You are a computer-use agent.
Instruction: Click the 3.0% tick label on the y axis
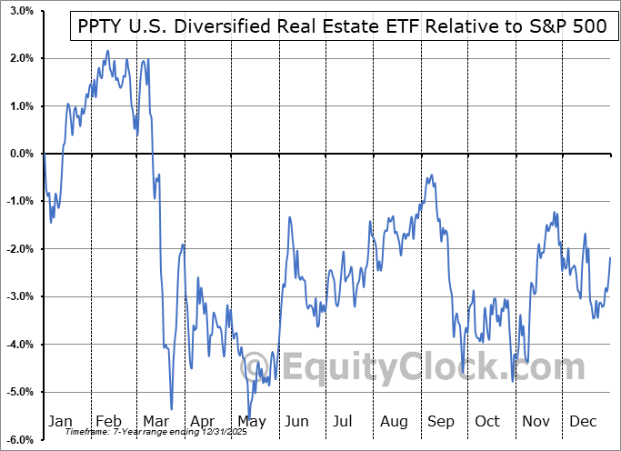[x=21, y=11]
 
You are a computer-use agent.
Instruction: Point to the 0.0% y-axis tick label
[x=21, y=154]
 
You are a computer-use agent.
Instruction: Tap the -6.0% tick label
[x=19, y=439]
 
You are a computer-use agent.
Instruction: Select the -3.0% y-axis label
[x=19, y=296]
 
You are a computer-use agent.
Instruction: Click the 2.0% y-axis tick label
[x=21, y=58]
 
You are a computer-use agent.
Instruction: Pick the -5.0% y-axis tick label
[x=19, y=392]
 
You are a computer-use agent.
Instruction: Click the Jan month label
[x=60, y=422]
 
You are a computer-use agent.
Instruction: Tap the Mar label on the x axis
[x=155, y=422]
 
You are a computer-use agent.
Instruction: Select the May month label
[x=251, y=422]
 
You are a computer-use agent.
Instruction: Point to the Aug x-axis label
[x=395, y=422]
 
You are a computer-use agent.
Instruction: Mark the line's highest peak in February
[x=107, y=51]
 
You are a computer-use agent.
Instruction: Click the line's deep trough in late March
[x=171, y=409]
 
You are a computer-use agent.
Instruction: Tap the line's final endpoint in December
[x=610, y=258]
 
